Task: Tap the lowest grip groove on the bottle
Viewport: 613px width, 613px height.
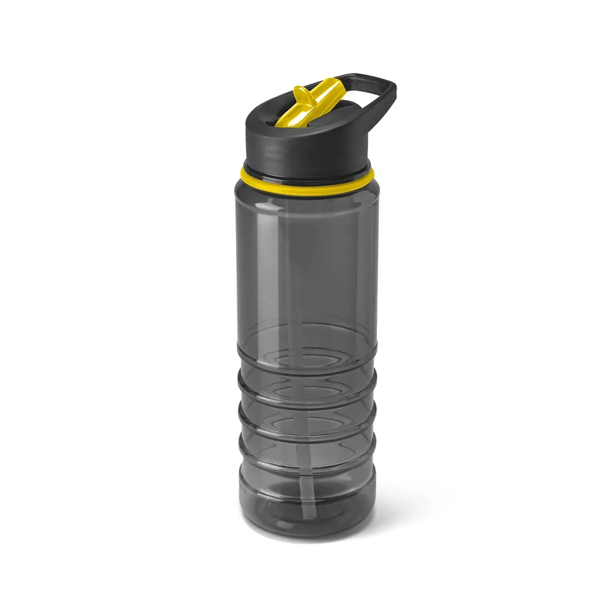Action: pos(306,470)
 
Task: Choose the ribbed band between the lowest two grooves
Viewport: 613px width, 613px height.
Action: pos(306,453)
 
